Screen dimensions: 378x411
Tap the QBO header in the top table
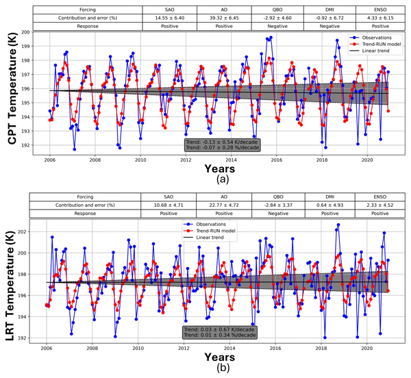280,7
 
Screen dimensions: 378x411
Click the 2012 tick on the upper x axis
186,160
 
